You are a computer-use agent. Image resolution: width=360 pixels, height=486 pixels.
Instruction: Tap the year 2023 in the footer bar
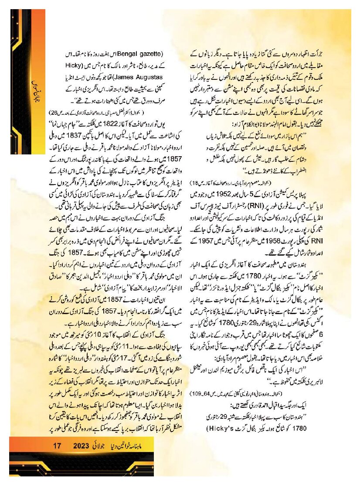click(x=82, y=446)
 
